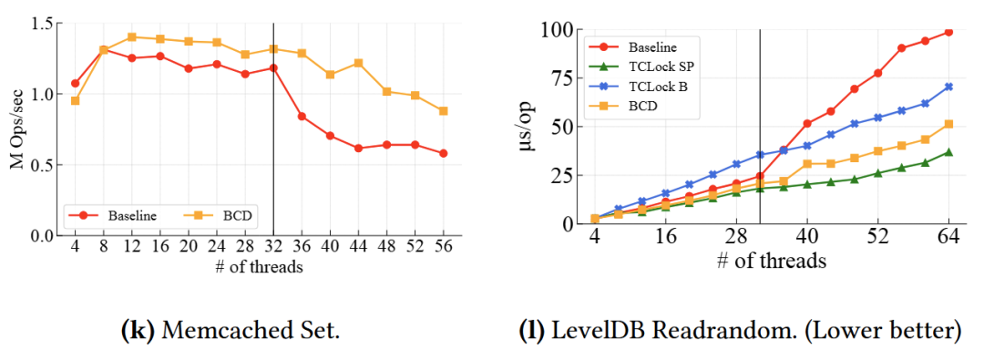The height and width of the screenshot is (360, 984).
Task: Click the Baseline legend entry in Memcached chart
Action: point(120,216)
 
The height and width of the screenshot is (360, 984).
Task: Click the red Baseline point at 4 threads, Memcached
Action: point(76,83)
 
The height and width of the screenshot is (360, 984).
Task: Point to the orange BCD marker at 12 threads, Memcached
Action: point(132,37)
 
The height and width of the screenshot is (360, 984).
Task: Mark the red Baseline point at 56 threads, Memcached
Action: point(444,153)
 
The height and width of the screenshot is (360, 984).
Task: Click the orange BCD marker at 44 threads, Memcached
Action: point(358,63)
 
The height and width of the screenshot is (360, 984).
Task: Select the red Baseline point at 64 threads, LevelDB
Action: point(948,32)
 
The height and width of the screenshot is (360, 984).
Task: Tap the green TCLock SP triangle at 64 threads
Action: point(948,152)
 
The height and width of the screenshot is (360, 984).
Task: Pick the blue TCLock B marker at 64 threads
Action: point(948,87)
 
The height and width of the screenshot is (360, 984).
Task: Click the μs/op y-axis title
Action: point(528,127)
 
